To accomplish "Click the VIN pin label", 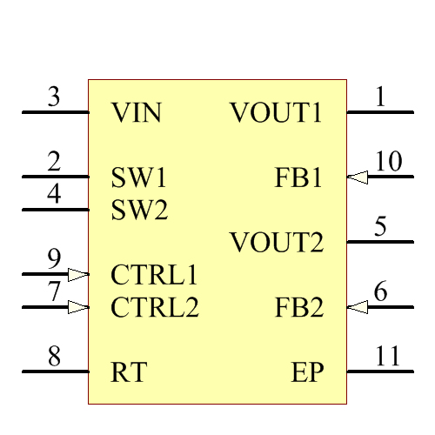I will (137, 113).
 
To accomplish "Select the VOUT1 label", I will (277, 113).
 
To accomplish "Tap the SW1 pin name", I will (138, 177).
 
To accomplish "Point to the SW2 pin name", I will (140, 210).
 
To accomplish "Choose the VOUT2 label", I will (277, 243).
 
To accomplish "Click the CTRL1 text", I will (154, 275).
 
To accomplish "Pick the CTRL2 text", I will (155, 307).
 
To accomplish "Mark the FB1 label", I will (299, 177).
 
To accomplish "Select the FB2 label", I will (299, 307).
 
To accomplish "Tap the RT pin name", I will (129, 372).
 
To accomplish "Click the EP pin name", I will (307, 372).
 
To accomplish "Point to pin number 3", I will (54, 97).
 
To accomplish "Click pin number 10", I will (389, 162).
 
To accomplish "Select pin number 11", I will (388, 356).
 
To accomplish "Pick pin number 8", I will (54, 356).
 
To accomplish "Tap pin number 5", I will (380, 227).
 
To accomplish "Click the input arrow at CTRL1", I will (78, 275).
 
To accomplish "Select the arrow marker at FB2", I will (357, 307).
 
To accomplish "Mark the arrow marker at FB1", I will (357, 177).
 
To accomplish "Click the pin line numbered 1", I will (380, 112).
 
